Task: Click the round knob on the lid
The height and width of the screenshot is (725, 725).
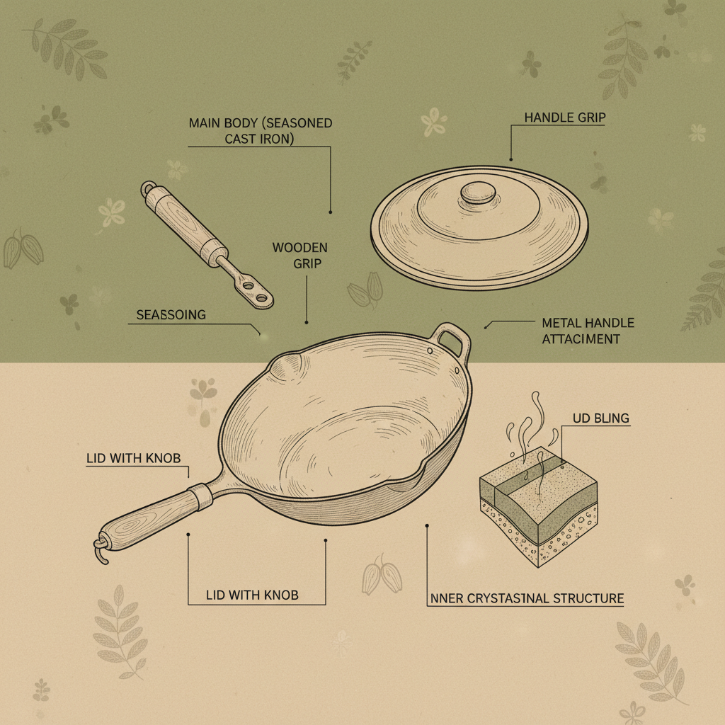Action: [479, 193]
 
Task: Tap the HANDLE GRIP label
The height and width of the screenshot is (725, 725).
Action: [564, 118]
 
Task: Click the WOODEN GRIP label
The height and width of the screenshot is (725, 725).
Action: [299, 256]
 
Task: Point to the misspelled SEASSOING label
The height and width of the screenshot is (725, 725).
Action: [171, 314]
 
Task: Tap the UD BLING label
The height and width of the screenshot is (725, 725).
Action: [600, 418]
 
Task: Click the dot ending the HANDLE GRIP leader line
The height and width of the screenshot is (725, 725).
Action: [510, 159]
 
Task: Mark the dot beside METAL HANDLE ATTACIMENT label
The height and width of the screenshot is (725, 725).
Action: [486, 326]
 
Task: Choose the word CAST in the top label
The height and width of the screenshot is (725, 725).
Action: [241, 139]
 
